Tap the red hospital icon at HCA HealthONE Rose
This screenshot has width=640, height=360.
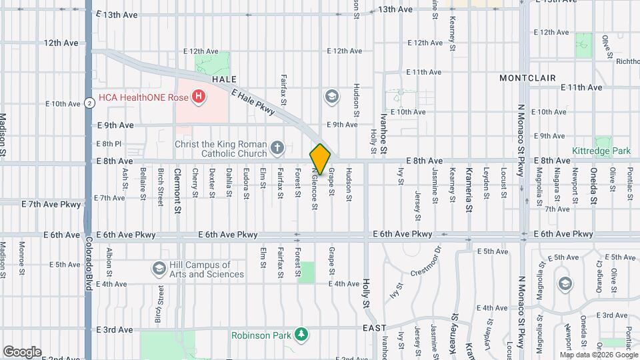coord(198,97)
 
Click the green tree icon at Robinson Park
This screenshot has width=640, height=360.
coord(302,335)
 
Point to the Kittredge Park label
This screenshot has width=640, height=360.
coord(601,151)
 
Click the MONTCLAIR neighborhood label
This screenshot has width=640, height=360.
coord(528,78)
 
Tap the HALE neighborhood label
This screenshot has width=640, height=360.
coord(224,79)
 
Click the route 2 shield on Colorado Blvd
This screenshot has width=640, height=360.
coord(89,103)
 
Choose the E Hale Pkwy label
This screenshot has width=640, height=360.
coord(253,103)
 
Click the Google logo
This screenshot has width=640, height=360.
coord(22,352)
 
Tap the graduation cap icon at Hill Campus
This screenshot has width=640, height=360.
coord(159,269)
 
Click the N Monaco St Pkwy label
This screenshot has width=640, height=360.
coord(521,133)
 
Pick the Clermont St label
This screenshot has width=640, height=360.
coord(177,181)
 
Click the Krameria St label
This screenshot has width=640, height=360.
coord(469,180)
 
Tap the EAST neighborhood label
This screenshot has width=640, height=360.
coord(375,329)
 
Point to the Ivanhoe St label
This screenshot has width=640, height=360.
coord(384,133)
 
